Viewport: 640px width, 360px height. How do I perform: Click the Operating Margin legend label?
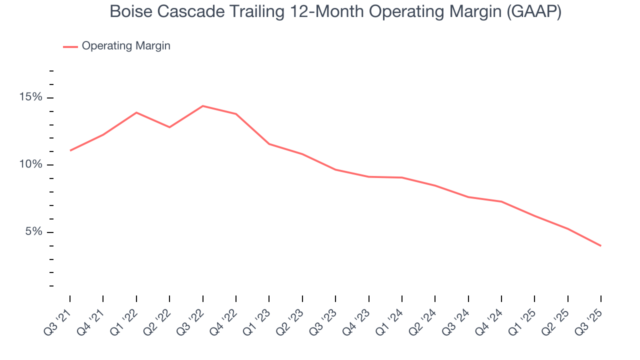tap(126, 46)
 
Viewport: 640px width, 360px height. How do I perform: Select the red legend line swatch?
tap(70, 46)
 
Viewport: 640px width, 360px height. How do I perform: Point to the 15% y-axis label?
tap(31, 97)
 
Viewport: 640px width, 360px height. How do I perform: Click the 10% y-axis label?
tap(31, 165)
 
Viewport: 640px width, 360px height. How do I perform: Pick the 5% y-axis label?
tap(34, 232)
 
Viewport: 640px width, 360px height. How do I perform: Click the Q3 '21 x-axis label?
tap(59, 317)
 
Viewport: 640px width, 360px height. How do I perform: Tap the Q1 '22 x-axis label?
tap(125, 317)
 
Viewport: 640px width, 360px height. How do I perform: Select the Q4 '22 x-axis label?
tap(225, 317)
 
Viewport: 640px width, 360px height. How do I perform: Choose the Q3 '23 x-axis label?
tap(324, 317)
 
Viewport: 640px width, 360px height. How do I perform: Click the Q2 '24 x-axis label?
tap(424, 317)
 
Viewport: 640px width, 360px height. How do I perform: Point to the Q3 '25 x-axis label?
tap(590, 317)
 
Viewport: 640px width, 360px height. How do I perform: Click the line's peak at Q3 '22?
tap(202, 106)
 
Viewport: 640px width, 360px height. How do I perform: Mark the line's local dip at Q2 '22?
tap(169, 127)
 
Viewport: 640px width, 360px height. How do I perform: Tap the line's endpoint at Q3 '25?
tap(600, 245)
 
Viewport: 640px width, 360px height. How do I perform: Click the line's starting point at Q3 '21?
tap(70, 150)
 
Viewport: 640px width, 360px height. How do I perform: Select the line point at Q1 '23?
tap(269, 144)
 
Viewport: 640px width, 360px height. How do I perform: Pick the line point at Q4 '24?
tap(501, 201)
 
